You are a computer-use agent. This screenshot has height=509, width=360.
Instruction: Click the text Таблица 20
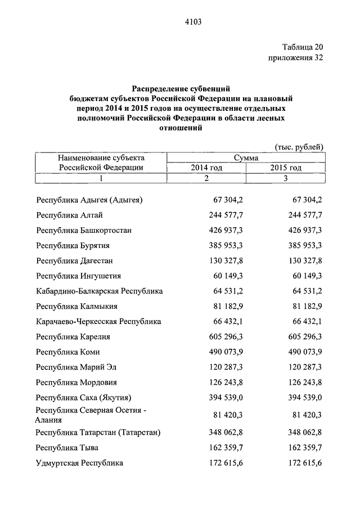[302, 47]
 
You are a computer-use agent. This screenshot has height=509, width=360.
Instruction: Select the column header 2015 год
[286, 168]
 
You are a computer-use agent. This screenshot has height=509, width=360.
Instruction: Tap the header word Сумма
[246, 158]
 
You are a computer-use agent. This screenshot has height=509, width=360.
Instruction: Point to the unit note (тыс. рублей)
[299, 147]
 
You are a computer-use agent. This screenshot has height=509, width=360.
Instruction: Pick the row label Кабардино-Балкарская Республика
[99, 291]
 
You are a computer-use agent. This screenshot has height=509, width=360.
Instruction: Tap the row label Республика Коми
[69, 352]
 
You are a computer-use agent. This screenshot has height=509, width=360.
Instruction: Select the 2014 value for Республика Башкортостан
[220, 231]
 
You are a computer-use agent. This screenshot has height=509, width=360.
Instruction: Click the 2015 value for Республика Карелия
[300, 337]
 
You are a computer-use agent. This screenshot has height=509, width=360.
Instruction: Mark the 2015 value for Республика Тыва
[300, 448]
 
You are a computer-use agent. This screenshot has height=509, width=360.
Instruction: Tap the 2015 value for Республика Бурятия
[300, 246]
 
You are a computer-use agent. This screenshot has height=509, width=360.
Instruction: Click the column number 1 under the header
[101, 178]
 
